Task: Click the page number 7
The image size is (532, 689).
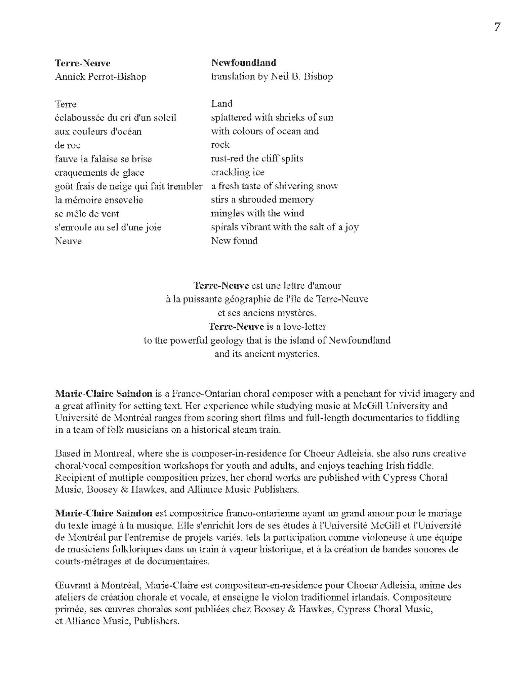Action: (x=497, y=27)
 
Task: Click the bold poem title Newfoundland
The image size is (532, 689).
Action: (x=244, y=63)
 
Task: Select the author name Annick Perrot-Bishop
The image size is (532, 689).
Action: (x=100, y=77)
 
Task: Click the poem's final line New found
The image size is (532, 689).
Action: (x=234, y=241)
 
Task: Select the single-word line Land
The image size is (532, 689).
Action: (x=221, y=104)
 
